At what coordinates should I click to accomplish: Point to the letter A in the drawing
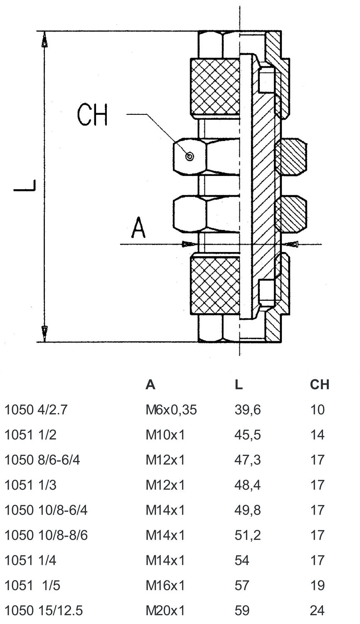coord(138,228)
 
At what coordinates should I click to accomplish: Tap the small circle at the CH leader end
coord(190,156)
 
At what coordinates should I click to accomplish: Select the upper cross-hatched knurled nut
coord(215,87)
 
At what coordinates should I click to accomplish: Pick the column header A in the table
coord(150,384)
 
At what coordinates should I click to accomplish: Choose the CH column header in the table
coord(319,384)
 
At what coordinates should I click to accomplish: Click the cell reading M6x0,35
coord(171,410)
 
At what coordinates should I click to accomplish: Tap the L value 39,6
coord(247,410)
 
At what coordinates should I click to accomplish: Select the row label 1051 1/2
coord(30,435)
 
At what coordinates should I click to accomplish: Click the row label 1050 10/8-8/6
coord(46,535)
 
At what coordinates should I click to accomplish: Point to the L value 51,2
coord(247,535)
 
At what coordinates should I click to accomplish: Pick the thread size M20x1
coord(165,610)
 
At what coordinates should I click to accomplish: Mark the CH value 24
coord(317,610)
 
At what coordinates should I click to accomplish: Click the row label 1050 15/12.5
coord(43,610)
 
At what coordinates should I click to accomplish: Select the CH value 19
coord(317,585)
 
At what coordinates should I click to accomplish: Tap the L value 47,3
coord(247,460)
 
